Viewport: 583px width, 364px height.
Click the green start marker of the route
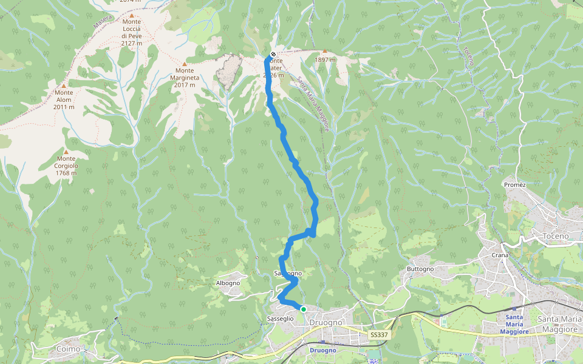[x=303, y=309]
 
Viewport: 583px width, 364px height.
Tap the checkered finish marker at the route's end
[x=273, y=54]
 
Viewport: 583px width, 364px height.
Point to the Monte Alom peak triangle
[x=63, y=86]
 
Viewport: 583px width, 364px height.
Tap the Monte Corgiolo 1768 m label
[x=66, y=165]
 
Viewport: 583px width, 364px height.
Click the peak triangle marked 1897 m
[x=325, y=52]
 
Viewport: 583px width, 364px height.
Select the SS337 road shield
[x=378, y=335]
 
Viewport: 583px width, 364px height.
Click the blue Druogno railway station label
[x=322, y=351]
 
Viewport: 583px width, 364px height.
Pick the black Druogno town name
[x=326, y=322]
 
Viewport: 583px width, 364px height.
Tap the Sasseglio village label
[x=280, y=318]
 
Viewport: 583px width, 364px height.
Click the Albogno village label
[x=228, y=283]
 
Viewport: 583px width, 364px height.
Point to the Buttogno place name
[x=420, y=269]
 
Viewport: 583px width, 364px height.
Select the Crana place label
[x=499, y=255]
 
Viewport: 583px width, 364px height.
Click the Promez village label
[x=514, y=184]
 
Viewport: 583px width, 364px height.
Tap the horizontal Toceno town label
[x=556, y=235]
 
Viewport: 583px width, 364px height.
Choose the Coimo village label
[x=67, y=349]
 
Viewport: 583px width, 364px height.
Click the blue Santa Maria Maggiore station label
[x=515, y=325]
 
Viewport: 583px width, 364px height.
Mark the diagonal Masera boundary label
[x=103, y=22]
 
